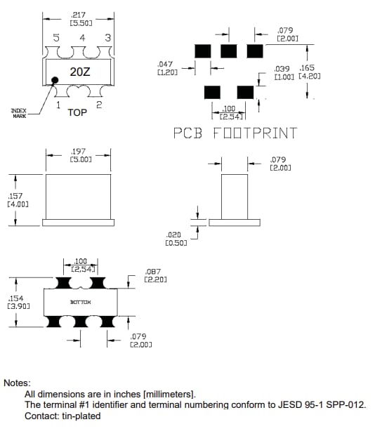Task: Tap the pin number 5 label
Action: coord(56,38)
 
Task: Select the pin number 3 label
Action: coord(107,38)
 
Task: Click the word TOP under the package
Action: coord(77,112)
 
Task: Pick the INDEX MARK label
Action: coord(19,113)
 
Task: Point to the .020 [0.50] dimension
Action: coord(175,239)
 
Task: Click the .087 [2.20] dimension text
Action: coord(154,275)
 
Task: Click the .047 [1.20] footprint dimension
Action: coord(169,68)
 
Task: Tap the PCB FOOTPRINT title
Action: coord(235,133)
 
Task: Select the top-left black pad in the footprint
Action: coord(203,51)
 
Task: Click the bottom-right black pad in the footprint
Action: coord(245,92)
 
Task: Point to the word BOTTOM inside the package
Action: coord(81,302)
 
